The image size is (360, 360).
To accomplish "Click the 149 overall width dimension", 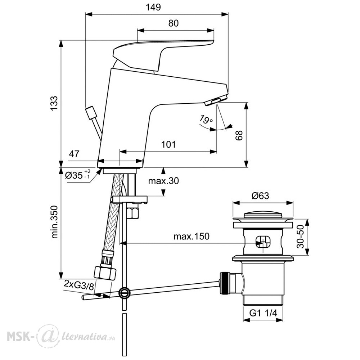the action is pos(153,7).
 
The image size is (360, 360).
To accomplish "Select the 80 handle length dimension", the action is pos(174,23).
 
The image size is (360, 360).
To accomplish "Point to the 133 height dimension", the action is pos(54,103).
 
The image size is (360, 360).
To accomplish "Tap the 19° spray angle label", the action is pos(206,120).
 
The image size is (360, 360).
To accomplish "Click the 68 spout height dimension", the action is pos(239,135).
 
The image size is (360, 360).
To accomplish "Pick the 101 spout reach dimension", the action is pos(168,144).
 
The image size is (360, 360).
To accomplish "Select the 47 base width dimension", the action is pos(74,154).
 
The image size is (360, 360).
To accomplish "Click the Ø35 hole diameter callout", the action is pos(78,175).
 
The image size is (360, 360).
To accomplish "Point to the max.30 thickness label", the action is pos(163,181).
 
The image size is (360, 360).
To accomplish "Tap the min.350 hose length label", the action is pos(54,222).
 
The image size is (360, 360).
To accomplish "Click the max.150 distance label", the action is pos(192,236).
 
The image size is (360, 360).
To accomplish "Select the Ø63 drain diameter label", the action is pos(260,195).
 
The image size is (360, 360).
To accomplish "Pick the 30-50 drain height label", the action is pos(300,237).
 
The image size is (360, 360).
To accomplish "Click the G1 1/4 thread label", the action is pos(264,313).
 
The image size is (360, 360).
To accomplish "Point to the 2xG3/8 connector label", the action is pos(79,284).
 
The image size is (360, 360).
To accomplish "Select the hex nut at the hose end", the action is pos(105,272).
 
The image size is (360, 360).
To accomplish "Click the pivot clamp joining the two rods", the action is pos(124,293).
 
